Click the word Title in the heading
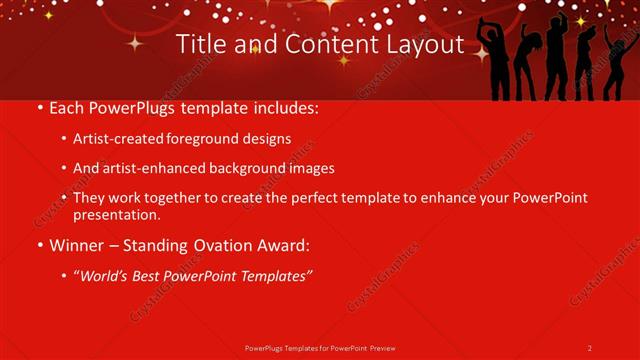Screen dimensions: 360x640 (x=198, y=45)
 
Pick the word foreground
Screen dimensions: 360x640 (x=209, y=139)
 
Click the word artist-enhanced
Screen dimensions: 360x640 (x=152, y=169)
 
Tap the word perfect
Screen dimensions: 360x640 (x=304, y=198)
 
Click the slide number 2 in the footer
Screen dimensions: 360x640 (x=590, y=347)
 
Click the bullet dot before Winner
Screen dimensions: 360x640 (x=39, y=245)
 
